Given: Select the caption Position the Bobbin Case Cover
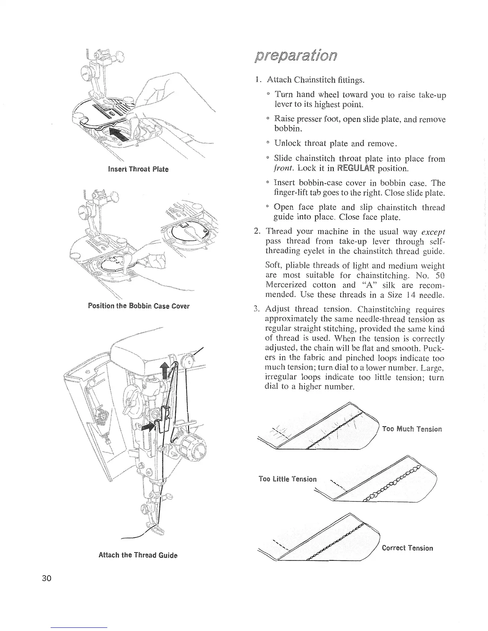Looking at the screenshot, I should pyautogui.click(x=138, y=306).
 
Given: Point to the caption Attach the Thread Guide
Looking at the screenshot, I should pyautogui.click(x=138, y=555).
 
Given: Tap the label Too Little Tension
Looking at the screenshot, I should pyautogui.click(x=287, y=478).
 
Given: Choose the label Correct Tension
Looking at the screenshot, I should pyautogui.click(x=407, y=548).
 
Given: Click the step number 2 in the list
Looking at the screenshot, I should pyautogui.click(x=257, y=232).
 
